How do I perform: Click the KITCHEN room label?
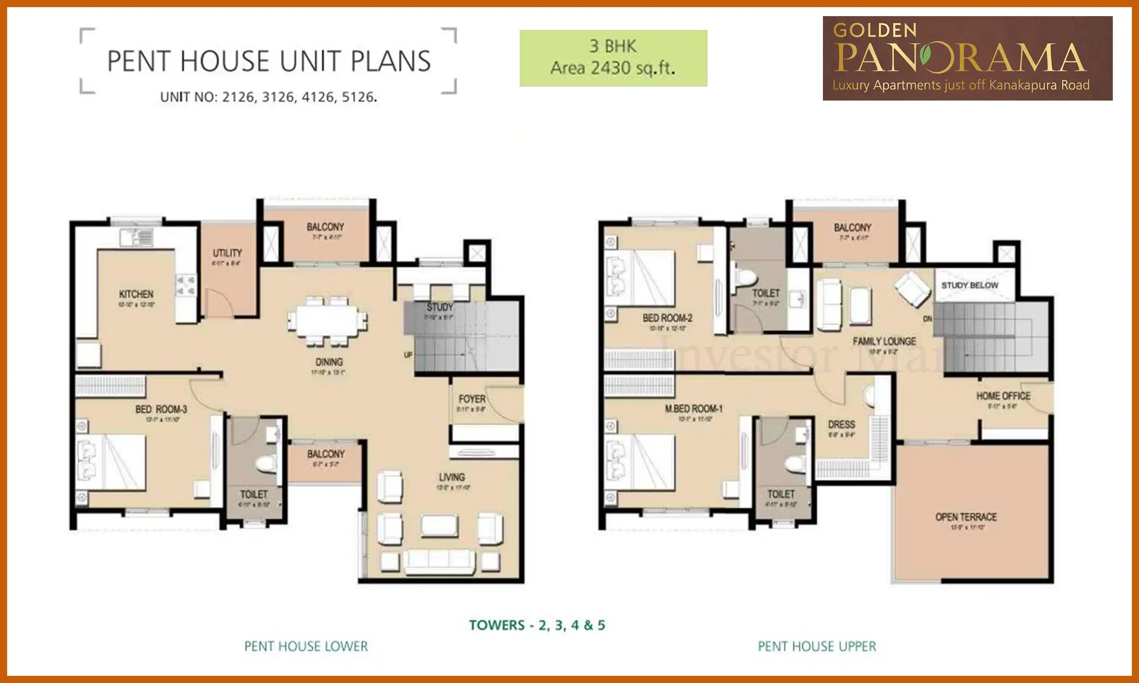click(136, 295)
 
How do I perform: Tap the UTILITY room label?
click(227, 253)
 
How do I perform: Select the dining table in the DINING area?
click(327, 321)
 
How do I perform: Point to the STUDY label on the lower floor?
click(439, 307)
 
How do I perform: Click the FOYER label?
click(472, 399)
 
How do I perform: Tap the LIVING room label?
click(452, 477)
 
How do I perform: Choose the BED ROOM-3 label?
click(161, 409)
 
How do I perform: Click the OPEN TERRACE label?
click(966, 517)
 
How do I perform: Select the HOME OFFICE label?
click(1003, 396)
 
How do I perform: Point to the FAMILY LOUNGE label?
click(884, 341)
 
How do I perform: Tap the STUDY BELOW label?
click(970, 286)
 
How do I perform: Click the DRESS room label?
click(841, 425)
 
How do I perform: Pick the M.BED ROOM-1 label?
click(694, 409)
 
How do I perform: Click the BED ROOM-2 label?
click(667, 318)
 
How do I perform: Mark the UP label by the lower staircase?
click(408, 355)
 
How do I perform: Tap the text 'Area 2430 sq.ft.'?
click(613, 68)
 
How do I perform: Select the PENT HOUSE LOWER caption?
click(306, 646)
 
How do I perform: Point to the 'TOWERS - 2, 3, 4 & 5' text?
click(537, 625)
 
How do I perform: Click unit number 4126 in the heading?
click(318, 97)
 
